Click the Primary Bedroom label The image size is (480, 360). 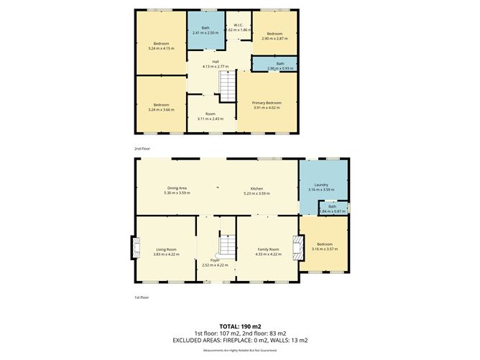coord(267,103)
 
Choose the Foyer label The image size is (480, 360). coord(214,260)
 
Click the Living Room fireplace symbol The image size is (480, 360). coord(134,248)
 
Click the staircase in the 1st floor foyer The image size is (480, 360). coord(226,246)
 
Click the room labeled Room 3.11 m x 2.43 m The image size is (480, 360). coord(210,116)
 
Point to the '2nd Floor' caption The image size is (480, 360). coord(142,149)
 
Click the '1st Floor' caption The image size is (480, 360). coord(142,297)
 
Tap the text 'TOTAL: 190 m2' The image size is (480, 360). coord(239,326)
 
